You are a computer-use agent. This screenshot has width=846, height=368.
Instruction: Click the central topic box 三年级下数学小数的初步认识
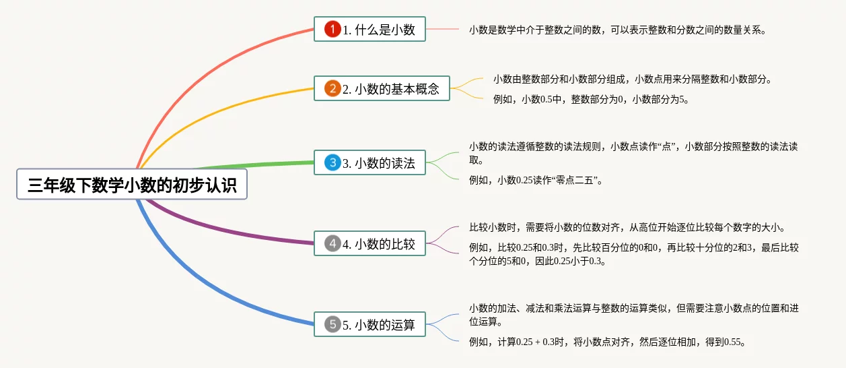tap(132, 184)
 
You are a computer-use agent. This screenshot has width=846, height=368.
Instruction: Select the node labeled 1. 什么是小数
tap(369, 29)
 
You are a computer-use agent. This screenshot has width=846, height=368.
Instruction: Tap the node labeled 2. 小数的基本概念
tap(382, 88)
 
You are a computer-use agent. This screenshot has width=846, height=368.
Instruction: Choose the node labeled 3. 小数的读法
tap(369, 162)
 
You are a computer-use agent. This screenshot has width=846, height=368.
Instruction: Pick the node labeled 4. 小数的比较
tap(369, 243)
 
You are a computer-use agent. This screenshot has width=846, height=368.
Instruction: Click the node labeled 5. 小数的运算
tap(369, 324)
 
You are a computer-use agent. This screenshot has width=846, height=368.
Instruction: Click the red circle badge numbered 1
tap(332, 29)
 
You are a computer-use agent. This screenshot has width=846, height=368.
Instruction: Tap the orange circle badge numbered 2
tap(332, 88)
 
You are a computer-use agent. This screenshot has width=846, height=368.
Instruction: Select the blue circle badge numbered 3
tap(332, 162)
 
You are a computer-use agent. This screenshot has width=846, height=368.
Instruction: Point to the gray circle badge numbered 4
tap(332, 243)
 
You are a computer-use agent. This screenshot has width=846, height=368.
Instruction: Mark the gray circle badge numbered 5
tap(332, 324)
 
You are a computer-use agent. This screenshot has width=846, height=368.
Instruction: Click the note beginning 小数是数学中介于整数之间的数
tap(617, 30)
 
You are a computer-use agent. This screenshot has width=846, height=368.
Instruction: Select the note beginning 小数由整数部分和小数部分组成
tap(633, 80)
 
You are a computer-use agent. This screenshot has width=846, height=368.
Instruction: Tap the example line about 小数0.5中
tap(591, 100)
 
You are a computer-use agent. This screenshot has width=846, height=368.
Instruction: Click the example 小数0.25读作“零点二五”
tap(536, 180)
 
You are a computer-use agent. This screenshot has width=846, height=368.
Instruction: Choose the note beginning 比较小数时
tap(627, 228)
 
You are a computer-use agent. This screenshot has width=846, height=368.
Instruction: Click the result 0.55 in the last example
tap(732, 342)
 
